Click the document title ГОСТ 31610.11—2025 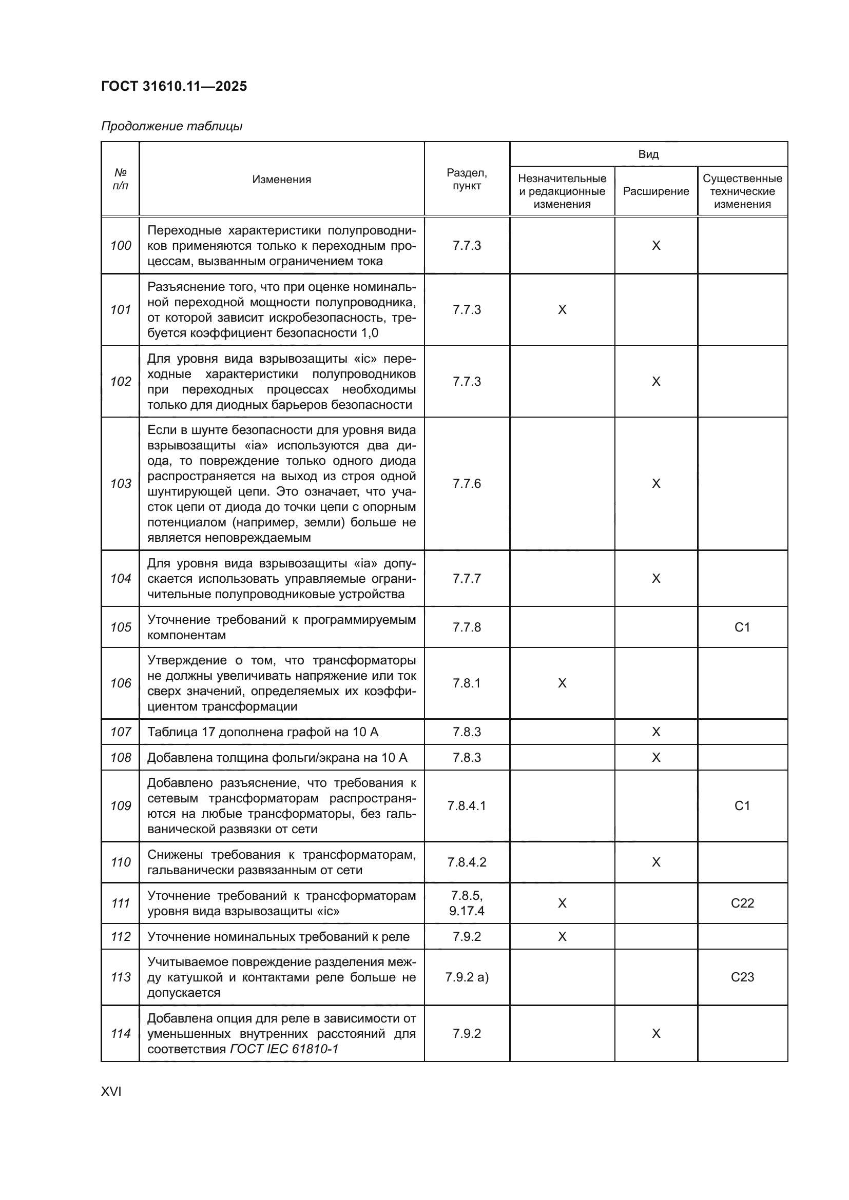pos(173,86)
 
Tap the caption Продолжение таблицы pos(171,126)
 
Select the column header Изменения pos(281,179)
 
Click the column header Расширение pos(655,191)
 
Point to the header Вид pos(648,154)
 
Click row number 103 pos(121,483)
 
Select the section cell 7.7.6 pos(466,483)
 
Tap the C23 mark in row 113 pos(742,977)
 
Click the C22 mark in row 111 pos(742,903)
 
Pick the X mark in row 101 pos(562,309)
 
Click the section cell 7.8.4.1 pos(466,805)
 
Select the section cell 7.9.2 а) pos(466,977)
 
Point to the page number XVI pos(111,1091)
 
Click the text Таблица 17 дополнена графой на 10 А pos(262,732)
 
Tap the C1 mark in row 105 pos(742,626)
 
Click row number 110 pos(121,862)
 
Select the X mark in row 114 pos(655,1033)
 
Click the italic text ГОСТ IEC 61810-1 pos(284,1049)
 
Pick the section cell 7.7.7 pos(466,578)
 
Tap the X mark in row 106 pos(562,683)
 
